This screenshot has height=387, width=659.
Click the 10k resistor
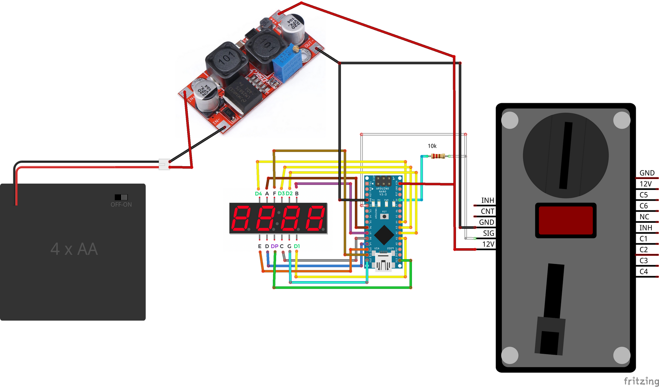(438, 156)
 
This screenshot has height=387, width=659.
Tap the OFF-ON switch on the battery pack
(121, 197)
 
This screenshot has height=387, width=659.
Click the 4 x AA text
(74, 249)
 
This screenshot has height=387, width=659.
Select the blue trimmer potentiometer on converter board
(286, 64)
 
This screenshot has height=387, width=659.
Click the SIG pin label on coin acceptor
(488, 233)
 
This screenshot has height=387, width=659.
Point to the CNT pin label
(487, 211)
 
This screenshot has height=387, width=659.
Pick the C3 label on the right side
(644, 261)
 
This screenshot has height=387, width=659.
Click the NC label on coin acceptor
(644, 217)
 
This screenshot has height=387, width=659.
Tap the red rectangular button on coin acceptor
(565, 220)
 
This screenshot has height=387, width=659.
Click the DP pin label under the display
(274, 246)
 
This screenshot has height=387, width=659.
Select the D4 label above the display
(258, 193)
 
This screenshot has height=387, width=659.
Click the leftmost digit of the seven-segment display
(241, 218)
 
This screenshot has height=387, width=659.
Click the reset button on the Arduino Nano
(384, 216)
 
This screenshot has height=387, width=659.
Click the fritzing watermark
(641, 381)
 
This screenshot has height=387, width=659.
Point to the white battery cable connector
(164, 164)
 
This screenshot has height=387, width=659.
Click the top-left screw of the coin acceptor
(510, 120)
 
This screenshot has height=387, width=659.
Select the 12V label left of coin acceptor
(488, 244)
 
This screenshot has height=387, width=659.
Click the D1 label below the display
(297, 246)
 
